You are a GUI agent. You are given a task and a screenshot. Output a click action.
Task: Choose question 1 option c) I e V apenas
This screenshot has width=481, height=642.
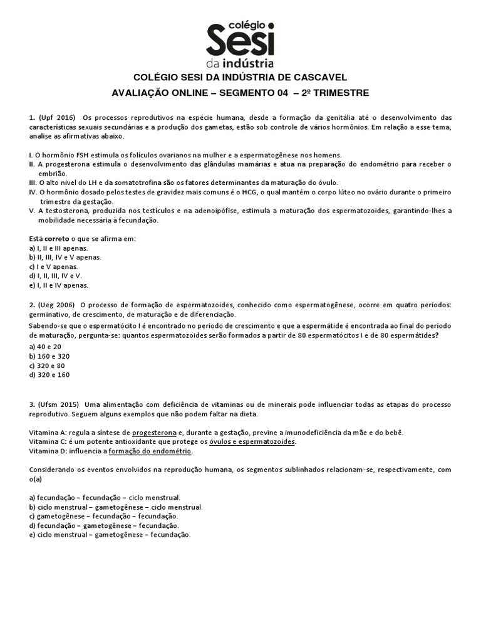tap(53, 266)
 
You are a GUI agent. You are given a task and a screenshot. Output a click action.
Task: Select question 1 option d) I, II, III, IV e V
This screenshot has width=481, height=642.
tap(56, 275)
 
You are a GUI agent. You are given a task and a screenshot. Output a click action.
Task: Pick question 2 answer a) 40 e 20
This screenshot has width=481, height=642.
tap(46, 347)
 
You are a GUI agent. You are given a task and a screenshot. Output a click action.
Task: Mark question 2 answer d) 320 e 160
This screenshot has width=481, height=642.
tap(49, 375)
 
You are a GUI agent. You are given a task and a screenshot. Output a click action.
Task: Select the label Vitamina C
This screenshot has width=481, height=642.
tap(49, 442)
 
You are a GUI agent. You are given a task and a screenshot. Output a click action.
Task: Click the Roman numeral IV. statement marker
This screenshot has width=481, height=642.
tap(34, 192)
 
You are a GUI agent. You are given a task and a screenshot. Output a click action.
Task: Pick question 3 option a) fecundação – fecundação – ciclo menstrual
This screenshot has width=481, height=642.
tap(105, 497)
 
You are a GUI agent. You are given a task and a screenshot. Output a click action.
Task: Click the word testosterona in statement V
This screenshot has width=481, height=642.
tap(68, 211)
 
